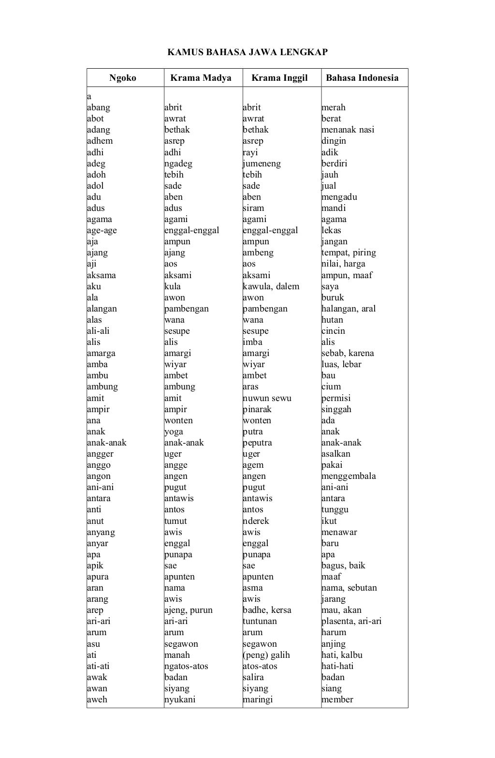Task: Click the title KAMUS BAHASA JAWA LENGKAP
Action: [247, 52]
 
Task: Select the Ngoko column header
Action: [123, 78]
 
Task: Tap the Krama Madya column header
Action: [201, 78]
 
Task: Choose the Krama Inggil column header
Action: [279, 78]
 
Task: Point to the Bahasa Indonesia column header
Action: [362, 78]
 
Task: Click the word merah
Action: [334, 107]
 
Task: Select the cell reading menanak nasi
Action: [348, 130]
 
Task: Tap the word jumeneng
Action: [262, 163]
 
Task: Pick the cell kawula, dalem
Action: [271, 286]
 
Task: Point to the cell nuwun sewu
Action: [267, 398]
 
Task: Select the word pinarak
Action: [257, 409]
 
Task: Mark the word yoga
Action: [174, 431]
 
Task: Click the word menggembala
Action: [349, 476]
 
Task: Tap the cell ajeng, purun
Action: [189, 610]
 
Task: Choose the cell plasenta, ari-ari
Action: [351, 621]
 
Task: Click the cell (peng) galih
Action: [266, 655]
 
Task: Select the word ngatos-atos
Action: [186, 666]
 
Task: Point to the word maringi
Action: [258, 699]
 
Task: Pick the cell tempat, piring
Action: [349, 253]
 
